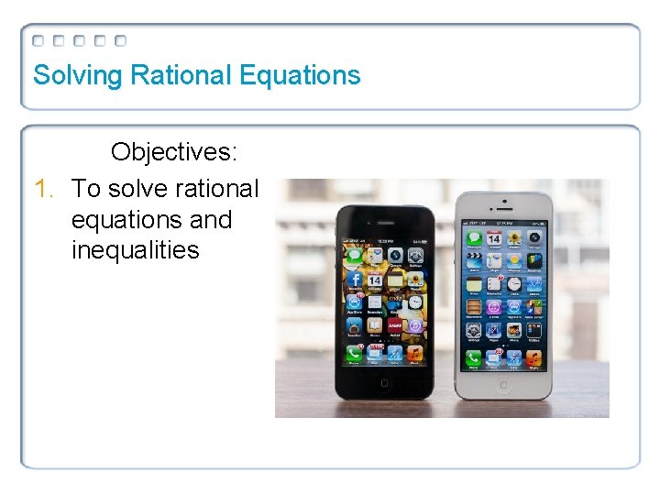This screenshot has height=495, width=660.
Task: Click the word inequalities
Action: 135,250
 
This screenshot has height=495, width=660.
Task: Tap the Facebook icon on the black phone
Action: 354,279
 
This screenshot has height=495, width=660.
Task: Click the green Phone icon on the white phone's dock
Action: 473,358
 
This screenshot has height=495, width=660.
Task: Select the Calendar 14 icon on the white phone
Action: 494,239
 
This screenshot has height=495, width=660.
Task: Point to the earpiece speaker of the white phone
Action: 504,209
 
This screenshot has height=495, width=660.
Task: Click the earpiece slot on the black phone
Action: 386,224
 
